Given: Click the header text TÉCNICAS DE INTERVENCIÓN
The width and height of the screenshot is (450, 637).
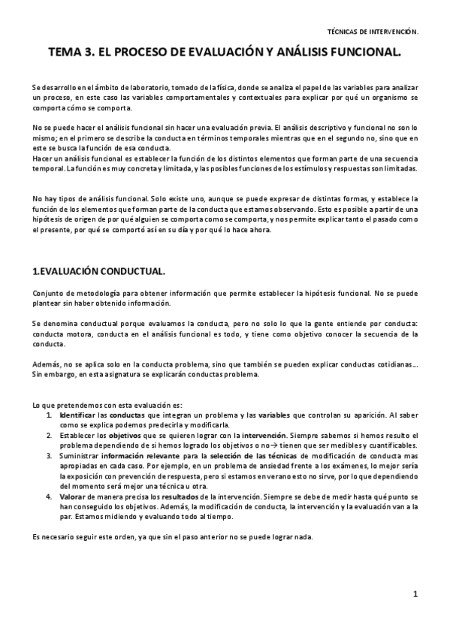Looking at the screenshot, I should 373,32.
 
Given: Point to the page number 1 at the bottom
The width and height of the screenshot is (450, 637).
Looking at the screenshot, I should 415,595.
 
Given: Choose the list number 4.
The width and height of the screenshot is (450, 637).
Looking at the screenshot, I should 49,497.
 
